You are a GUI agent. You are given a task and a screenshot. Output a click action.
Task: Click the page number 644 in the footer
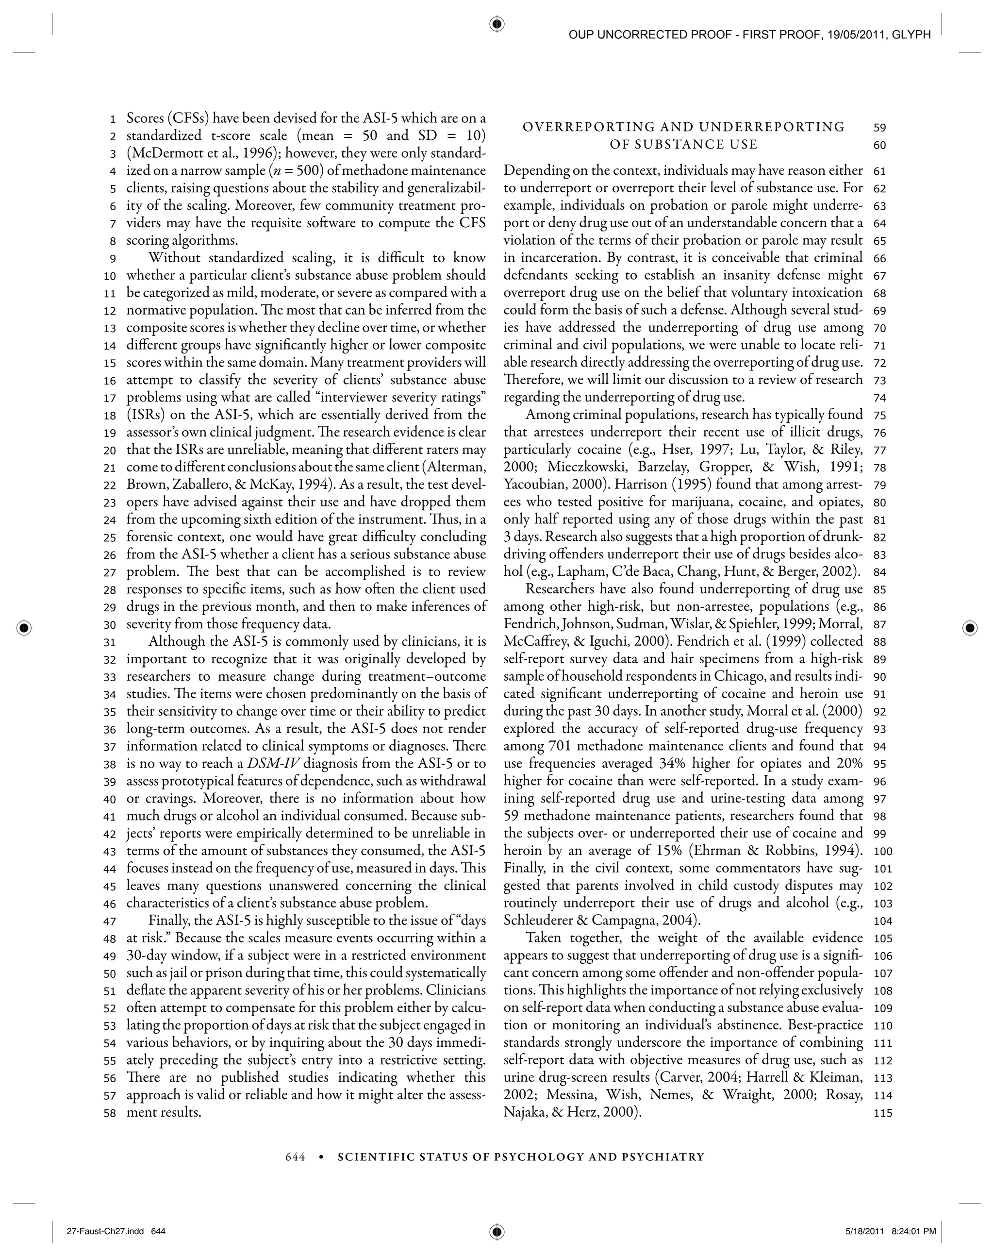click(x=295, y=1157)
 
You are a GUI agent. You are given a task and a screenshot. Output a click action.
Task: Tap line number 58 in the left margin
click(x=110, y=1113)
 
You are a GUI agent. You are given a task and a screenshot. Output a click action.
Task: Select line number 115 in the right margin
click(x=883, y=1113)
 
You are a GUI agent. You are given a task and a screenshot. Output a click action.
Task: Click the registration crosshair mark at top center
click(x=497, y=24)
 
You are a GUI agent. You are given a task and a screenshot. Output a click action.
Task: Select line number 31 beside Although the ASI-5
click(x=110, y=642)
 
